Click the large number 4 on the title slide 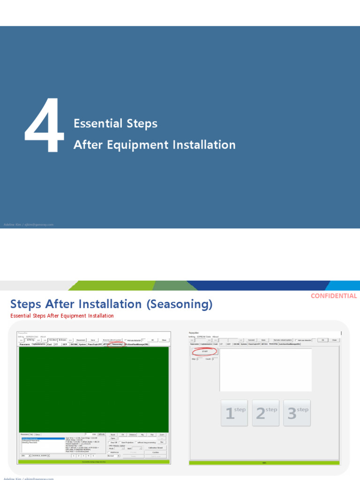45,125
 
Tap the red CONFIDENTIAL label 334,296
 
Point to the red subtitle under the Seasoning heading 62,316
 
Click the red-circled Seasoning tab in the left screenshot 117,344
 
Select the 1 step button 234,413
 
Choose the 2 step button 265,413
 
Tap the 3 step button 297,413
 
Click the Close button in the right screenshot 334,340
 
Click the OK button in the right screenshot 322,340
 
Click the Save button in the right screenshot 263,340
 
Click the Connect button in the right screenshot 251,340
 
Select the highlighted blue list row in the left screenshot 43,438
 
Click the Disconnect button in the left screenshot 81,340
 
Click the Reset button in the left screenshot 113,435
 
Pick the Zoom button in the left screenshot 162,435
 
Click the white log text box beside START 265,369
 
